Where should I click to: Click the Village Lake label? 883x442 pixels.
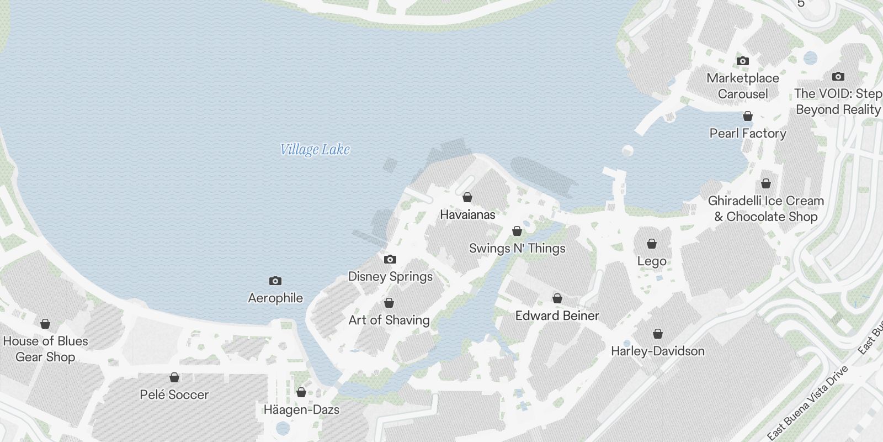(315, 150)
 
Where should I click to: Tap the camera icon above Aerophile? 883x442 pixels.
(275, 281)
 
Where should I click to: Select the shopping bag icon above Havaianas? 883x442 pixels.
(467, 197)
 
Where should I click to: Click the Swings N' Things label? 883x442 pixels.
(517, 248)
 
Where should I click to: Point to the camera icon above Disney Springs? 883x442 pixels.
(390, 259)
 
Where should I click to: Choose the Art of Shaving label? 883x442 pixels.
(389, 320)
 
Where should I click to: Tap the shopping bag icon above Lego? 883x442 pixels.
(652, 244)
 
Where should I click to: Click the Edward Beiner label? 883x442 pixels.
(557, 315)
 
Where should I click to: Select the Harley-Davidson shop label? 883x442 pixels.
(657, 351)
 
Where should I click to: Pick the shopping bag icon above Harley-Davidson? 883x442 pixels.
(657, 334)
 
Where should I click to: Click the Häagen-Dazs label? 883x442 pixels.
(301, 409)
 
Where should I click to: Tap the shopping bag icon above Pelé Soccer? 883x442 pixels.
(174, 377)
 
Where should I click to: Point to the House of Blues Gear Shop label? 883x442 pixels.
(45, 349)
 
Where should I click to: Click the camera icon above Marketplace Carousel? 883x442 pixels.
(743, 61)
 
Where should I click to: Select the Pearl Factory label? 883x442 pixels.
(748, 133)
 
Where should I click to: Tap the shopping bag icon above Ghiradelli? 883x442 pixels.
(766, 183)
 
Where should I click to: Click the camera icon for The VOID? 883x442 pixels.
(838, 76)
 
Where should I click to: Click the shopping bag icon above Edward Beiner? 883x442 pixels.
(557, 299)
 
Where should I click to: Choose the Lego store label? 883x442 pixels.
(652, 261)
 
